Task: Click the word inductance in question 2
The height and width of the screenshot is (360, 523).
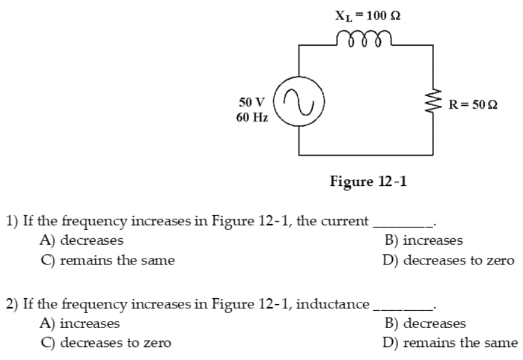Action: point(332,305)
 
